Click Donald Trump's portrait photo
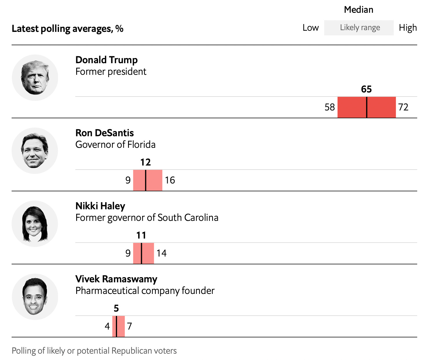click(x=35, y=78)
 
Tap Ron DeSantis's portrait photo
click(x=35, y=151)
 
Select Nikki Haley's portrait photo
click(x=35, y=224)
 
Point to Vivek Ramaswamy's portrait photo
click(x=35, y=297)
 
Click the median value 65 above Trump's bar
click(x=366, y=89)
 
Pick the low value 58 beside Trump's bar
click(x=329, y=107)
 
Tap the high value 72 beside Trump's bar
click(x=403, y=107)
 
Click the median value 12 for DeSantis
click(x=145, y=162)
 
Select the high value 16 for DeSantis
click(x=170, y=180)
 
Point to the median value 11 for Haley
click(x=141, y=235)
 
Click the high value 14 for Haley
click(x=161, y=253)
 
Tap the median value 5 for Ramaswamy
click(x=116, y=308)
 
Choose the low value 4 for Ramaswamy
click(x=107, y=326)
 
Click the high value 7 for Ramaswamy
click(x=129, y=326)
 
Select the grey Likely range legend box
click(x=359, y=28)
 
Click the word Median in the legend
click(x=358, y=10)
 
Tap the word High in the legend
click(x=408, y=28)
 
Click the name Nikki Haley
click(x=100, y=206)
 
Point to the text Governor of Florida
click(x=115, y=144)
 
